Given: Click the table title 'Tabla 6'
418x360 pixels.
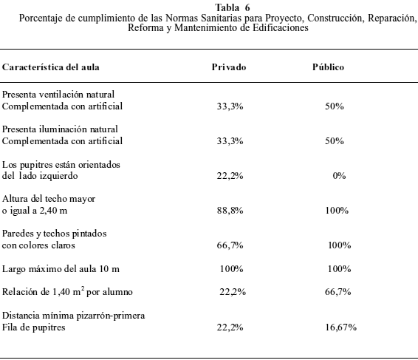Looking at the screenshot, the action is coord(233,7).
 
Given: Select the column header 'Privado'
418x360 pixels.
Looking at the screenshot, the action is coord(229,67).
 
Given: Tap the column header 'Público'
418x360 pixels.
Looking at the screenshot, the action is coord(328,67).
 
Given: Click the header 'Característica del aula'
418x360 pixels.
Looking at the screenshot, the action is coord(51,67).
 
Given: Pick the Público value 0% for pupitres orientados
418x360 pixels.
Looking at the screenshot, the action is coord(339,176).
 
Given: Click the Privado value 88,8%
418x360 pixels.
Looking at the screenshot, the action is coord(230,211).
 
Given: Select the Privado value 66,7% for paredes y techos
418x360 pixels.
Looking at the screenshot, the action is coord(230,245).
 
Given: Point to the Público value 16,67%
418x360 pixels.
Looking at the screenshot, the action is coord(341,327).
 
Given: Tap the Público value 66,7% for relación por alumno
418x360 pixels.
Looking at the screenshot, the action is coord(338,292).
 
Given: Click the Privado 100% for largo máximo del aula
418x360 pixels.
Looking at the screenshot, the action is coord(231,269).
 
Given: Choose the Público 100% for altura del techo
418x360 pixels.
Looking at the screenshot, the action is coord(337,211).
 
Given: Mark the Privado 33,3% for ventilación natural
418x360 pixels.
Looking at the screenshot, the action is coord(230,106).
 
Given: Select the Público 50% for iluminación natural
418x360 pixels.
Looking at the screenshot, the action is coord(335,141).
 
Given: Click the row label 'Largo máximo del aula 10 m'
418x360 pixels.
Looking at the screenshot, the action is coord(61,269).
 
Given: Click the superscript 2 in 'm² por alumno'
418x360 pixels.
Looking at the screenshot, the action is coord(83,288).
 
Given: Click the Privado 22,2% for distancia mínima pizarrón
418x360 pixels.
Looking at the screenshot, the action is coord(230,327).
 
